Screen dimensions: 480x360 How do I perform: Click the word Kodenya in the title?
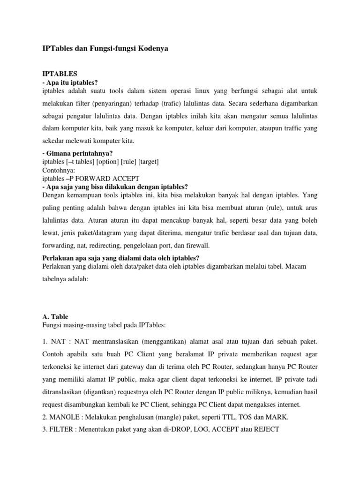point(150,49)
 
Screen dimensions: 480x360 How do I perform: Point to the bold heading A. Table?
point(55,317)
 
